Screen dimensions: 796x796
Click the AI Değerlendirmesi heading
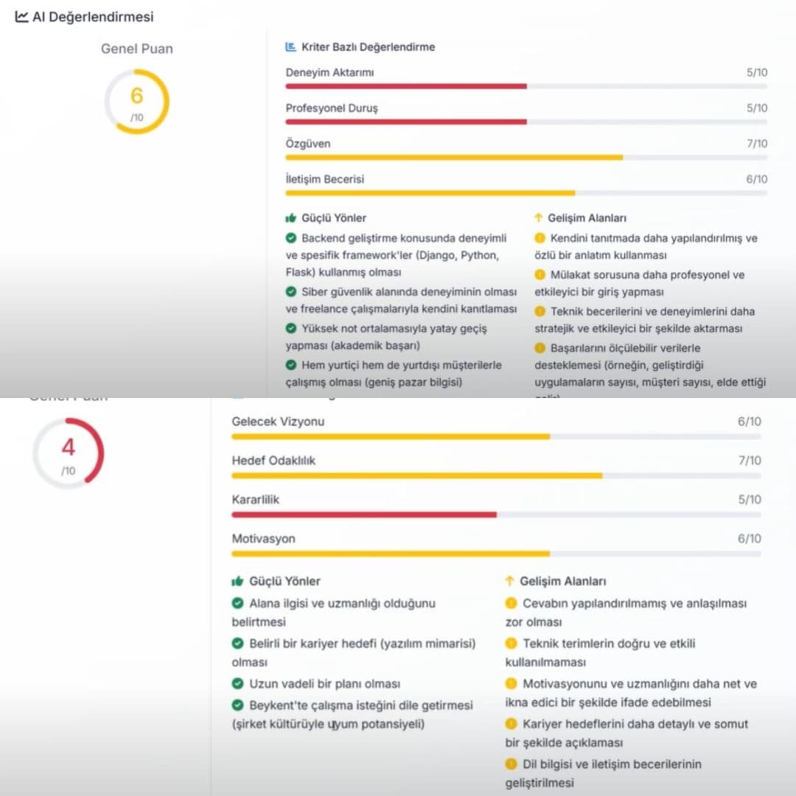click(x=93, y=16)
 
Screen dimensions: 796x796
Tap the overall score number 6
click(x=136, y=96)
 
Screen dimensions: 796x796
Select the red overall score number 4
click(x=68, y=447)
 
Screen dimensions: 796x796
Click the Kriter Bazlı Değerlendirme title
click(x=368, y=47)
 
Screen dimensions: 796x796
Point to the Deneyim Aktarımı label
click(x=330, y=72)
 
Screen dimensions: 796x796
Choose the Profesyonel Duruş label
click(x=332, y=108)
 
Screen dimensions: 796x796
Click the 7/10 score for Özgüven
click(x=757, y=144)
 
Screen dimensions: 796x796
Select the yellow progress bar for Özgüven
click(x=454, y=157)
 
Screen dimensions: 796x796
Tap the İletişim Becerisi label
click(x=325, y=179)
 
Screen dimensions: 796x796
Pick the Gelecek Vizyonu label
click(x=278, y=422)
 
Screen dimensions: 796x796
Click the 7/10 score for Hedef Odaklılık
click(x=750, y=461)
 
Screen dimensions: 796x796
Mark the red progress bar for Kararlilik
click(x=364, y=514)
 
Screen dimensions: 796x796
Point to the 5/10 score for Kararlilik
click(x=750, y=500)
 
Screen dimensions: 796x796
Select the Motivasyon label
click(x=263, y=539)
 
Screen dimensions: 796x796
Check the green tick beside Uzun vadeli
click(x=238, y=684)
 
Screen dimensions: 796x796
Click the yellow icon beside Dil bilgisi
click(x=512, y=764)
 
